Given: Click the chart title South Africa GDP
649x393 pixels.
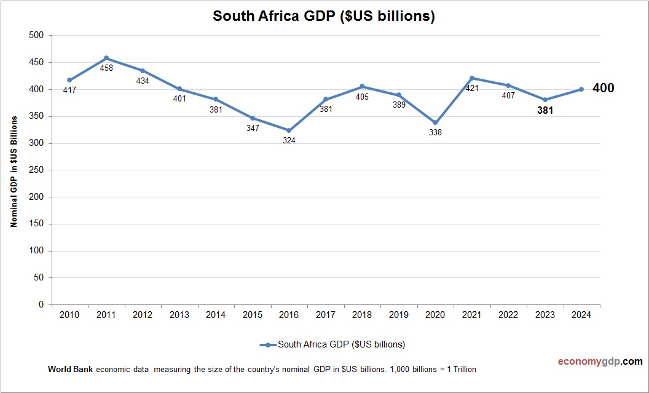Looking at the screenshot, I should tap(324, 17).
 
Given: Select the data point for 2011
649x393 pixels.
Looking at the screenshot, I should tap(106, 58).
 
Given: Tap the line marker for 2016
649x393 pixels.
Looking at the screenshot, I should tap(289, 130).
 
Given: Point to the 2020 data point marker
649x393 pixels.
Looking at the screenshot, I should tap(435, 122).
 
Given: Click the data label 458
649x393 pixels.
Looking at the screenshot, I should tap(106, 68).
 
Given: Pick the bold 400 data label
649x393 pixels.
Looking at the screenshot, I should tap(603, 89).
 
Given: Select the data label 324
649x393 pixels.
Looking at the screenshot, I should tap(289, 140).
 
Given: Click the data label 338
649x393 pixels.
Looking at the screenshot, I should tap(435, 132).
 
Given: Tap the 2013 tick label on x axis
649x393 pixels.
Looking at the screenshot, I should tap(179, 315).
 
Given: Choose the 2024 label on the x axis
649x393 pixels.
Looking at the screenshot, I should tap(581, 315).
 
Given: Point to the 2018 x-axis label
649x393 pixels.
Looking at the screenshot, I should tap(362, 315).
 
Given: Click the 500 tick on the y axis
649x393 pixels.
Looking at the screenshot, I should tap(36, 36).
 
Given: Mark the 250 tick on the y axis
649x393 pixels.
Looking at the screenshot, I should tap(36, 170).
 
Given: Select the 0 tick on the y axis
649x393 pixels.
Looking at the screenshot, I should tap(41, 304).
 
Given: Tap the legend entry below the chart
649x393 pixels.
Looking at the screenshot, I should tap(332, 344).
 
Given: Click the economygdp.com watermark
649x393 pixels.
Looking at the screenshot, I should tap(591, 362).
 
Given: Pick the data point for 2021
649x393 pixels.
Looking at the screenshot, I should tap(472, 78).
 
